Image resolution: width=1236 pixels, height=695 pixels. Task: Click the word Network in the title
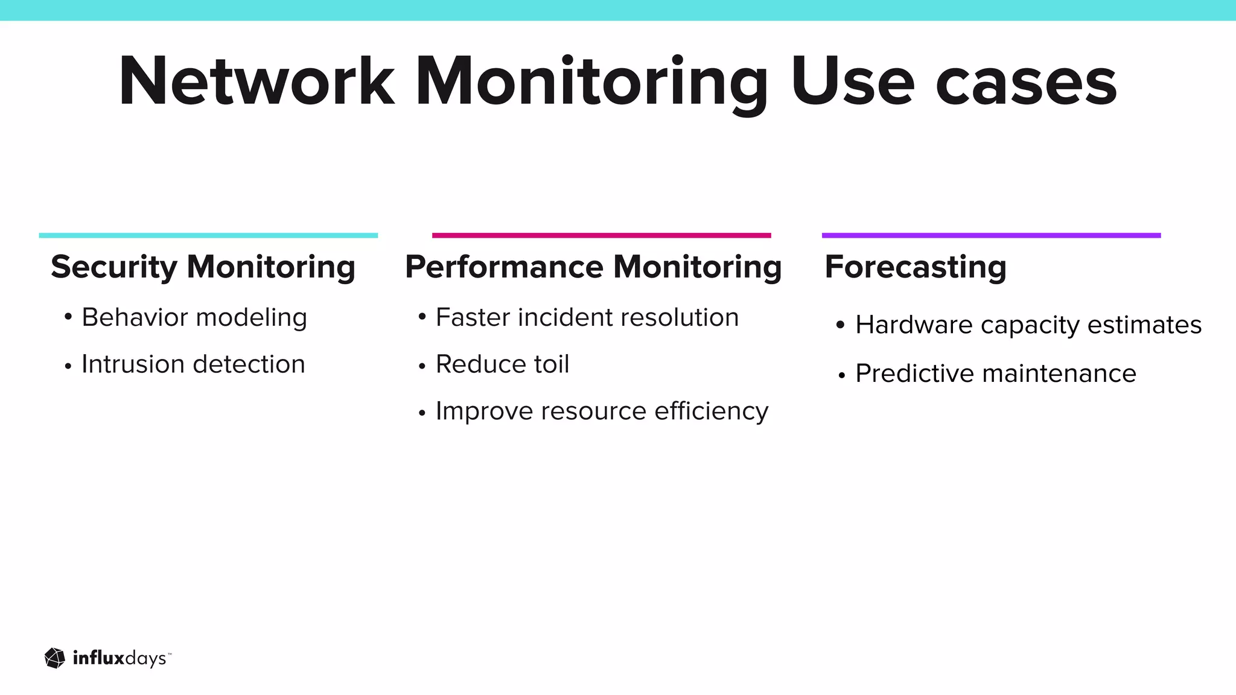pos(256,81)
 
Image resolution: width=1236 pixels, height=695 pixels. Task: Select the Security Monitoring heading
pos(203,267)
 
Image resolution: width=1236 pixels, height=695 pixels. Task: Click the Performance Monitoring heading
pos(593,267)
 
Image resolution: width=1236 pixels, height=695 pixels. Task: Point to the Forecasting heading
pos(916,267)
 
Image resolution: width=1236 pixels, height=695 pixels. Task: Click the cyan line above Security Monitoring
pos(208,235)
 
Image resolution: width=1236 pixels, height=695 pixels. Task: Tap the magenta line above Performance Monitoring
pos(601,235)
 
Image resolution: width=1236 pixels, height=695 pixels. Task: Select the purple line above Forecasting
pos(991,235)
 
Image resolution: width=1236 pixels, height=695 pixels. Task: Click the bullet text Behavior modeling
pos(194,317)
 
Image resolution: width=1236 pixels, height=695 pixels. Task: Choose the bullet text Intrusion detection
pos(193,364)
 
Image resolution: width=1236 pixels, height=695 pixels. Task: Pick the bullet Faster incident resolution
pos(587,317)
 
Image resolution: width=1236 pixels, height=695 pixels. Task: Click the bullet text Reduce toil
pos(502,364)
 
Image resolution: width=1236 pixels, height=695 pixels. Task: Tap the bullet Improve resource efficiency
pos(602,411)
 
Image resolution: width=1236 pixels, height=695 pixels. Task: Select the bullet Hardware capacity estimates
pos(1028,325)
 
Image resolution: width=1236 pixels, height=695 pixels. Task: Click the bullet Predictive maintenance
pos(996,373)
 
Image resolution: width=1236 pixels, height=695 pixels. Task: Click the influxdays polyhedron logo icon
pos(55,658)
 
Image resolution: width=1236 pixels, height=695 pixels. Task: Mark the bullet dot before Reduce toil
pos(422,366)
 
